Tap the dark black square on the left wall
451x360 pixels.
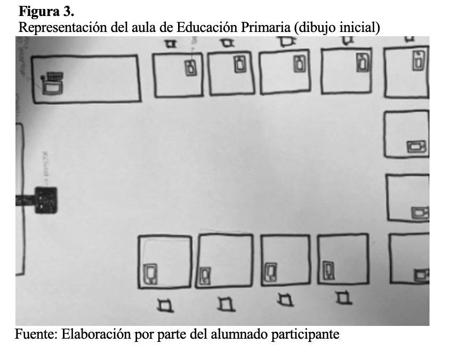45,200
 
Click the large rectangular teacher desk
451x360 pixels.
86,78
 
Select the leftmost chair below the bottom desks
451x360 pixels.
165,305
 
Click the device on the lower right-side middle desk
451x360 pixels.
420,213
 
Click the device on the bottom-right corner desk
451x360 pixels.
422,275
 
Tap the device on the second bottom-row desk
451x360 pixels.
205,275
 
